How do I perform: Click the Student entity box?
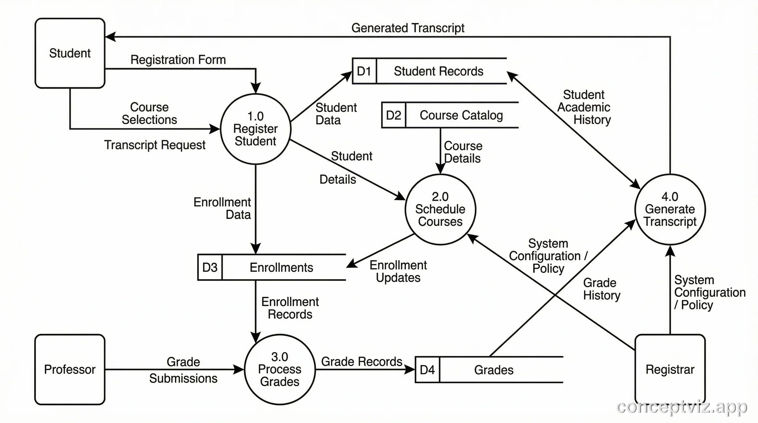click(x=70, y=53)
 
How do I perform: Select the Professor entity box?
click(x=70, y=370)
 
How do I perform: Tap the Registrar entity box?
click(x=670, y=370)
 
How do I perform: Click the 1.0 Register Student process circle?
click(x=255, y=129)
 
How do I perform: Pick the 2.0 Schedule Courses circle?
click(x=440, y=209)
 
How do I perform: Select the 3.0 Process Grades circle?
click(x=280, y=370)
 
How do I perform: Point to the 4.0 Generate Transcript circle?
click(x=670, y=209)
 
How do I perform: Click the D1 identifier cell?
click(x=364, y=71)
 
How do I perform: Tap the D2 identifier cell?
click(x=393, y=115)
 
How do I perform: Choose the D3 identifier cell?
click(x=210, y=267)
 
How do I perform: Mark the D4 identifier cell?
click(x=427, y=370)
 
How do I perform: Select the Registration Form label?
click(x=178, y=60)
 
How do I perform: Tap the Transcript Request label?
click(x=155, y=145)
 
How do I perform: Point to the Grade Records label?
click(x=362, y=362)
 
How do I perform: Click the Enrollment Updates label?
click(x=398, y=271)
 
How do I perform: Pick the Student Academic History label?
click(x=584, y=107)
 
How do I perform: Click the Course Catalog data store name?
click(x=461, y=115)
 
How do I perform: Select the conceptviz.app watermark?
click(x=681, y=407)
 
